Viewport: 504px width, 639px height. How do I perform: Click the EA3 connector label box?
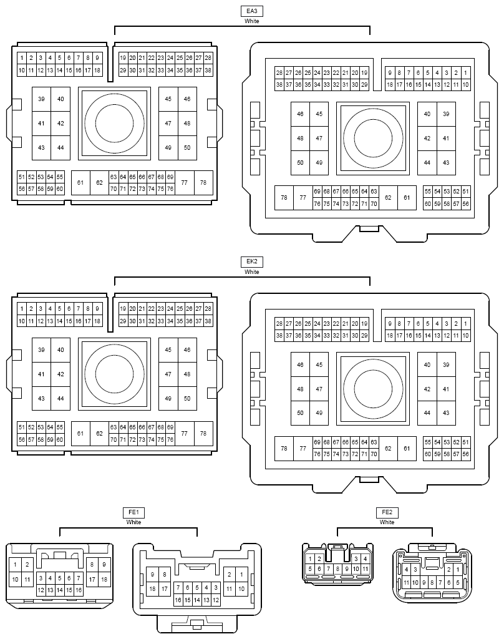tap(252, 11)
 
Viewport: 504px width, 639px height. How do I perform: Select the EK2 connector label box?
tap(252, 261)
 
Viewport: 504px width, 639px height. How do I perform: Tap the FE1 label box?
tap(133, 512)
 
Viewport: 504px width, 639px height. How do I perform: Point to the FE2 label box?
tap(387, 512)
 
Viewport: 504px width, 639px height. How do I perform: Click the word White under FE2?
tap(387, 522)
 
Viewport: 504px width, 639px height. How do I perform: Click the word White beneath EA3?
tap(252, 21)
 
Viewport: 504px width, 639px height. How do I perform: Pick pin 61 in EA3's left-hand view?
tap(80, 183)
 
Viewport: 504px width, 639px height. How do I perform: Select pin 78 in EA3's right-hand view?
tap(284, 198)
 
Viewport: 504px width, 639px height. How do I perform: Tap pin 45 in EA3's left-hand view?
tap(168, 99)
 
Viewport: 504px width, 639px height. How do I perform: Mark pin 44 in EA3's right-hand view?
tap(427, 163)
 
